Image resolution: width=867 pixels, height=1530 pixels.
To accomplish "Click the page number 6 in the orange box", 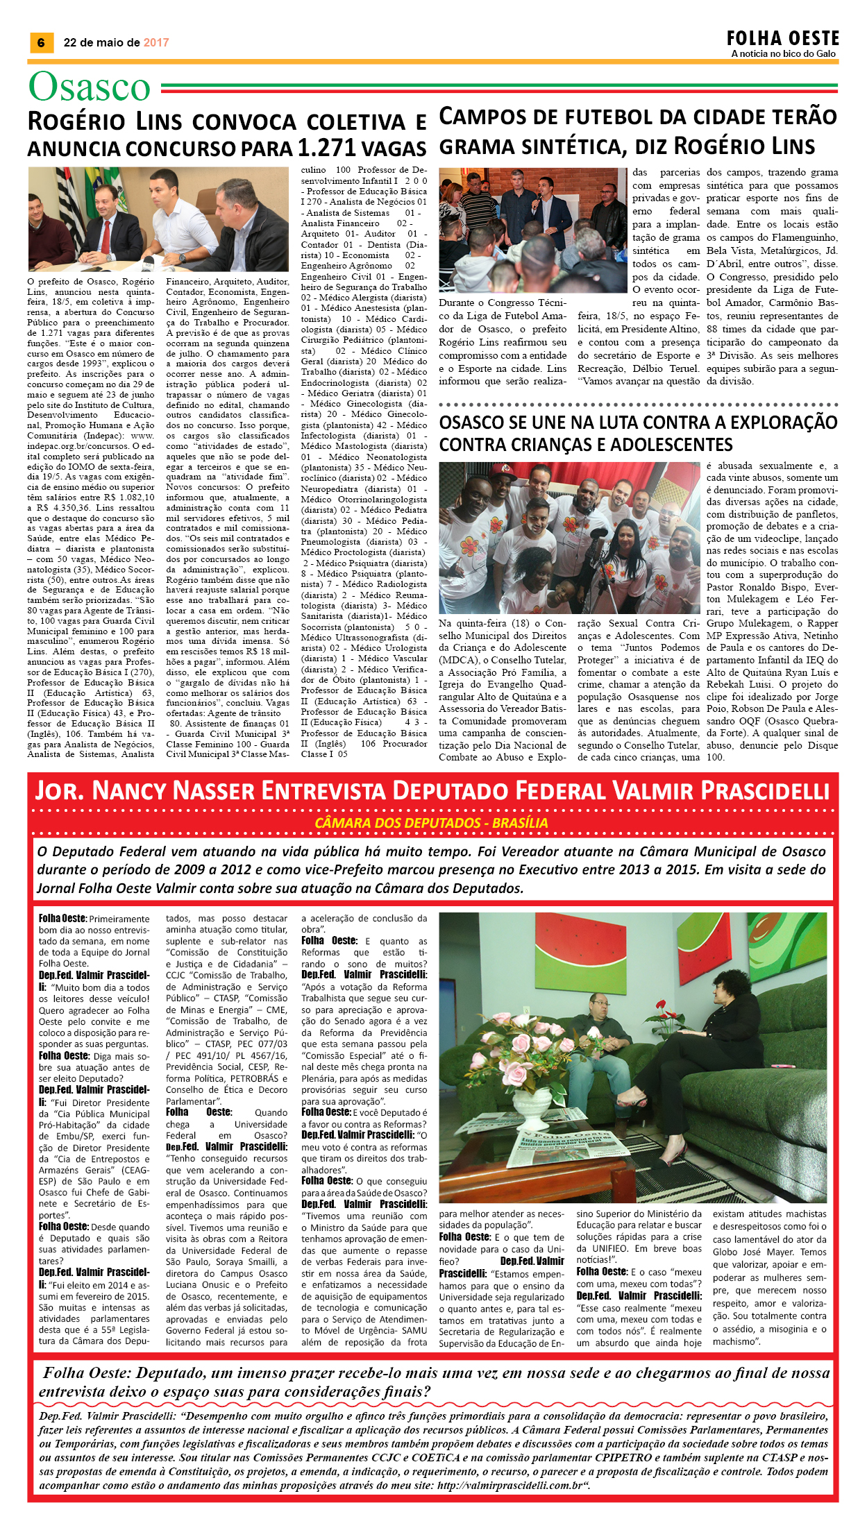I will (x=41, y=43).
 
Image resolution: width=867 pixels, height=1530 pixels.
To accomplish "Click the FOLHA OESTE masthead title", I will (x=782, y=38).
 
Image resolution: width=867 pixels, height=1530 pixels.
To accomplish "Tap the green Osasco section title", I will (x=90, y=87).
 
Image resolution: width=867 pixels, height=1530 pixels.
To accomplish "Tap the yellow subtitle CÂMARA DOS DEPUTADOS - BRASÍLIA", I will (x=431, y=823).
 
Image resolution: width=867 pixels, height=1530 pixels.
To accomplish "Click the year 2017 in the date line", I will (x=156, y=43).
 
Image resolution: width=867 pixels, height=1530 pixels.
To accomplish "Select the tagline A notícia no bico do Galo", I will (x=783, y=54).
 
